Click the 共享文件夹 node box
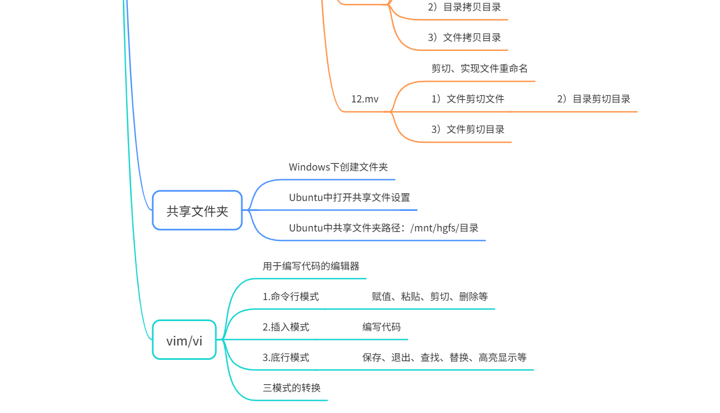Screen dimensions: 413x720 tap(198, 210)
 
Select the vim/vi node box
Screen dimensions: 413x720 tap(184, 340)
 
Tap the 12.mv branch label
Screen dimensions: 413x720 tap(365, 99)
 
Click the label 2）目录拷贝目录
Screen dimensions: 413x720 tap(464, 7)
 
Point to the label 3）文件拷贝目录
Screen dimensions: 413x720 tap(464, 38)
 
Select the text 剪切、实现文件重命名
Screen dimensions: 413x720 tap(479, 69)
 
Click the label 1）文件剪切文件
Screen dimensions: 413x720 tap(468, 99)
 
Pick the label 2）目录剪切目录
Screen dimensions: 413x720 tap(593, 99)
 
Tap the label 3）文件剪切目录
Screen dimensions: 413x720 tap(468, 130)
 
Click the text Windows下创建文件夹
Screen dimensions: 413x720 tap(338, 167)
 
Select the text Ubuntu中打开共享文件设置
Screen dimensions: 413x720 tap(349, 198)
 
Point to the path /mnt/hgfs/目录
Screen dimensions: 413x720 tap(444, 228)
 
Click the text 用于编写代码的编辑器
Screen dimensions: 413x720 tap(311, 266)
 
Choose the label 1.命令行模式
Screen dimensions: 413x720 tap(291, 297)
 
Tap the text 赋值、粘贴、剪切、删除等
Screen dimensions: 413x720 tap(429, 297)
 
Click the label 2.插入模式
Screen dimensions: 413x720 tap(286, 327)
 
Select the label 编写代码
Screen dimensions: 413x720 tap(381, 327)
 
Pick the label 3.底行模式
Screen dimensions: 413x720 tap(286, 358)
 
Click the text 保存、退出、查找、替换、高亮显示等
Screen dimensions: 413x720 tap(444, 358)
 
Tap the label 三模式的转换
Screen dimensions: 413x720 tap(292, 388)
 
